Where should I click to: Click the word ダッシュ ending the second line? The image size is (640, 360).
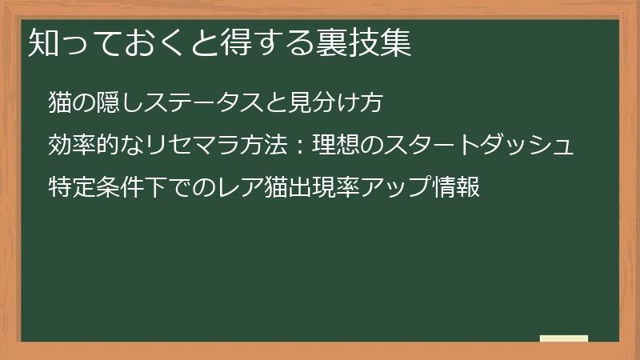pyautogui.click(x=535, y=146)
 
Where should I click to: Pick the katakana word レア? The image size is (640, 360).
pyautogui.click(x=226, y=189)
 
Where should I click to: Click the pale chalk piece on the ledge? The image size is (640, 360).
pyautogui.click(x=564, y=338)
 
